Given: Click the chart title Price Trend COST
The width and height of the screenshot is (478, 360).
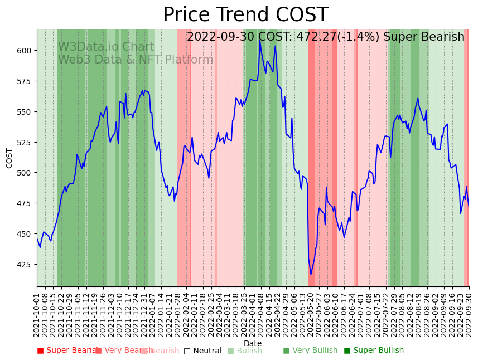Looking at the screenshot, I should point(245,15).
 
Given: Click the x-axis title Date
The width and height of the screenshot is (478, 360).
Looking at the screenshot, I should point(253,343).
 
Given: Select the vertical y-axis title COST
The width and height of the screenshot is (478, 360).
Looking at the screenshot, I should point(9,158).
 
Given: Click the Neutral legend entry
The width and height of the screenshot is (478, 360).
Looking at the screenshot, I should point(203,351).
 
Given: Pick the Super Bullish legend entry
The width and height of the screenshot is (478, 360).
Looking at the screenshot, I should point(374,351).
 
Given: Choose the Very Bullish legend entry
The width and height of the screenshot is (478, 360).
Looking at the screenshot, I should point(310,351).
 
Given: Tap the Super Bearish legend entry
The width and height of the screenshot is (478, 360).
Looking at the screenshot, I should point(67,351).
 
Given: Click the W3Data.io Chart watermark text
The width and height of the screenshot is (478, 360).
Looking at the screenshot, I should point(106,47).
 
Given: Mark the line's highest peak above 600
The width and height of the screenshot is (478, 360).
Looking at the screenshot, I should point(260,40).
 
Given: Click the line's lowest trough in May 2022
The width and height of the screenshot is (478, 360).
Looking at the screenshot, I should point(311,274).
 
